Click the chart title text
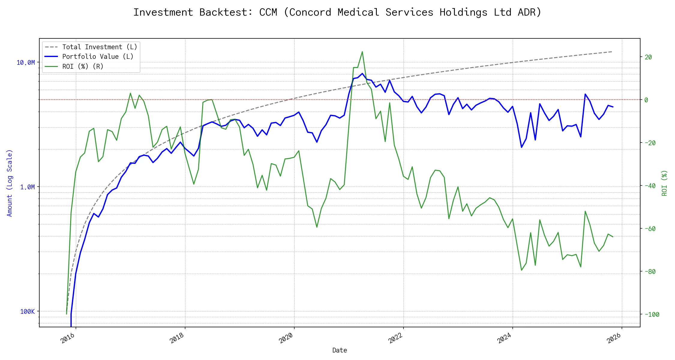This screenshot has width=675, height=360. [337, 12]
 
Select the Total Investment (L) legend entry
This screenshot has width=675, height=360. [100, 47]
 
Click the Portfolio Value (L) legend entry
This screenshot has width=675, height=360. [98, 57]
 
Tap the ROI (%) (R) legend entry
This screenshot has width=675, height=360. [83, 67]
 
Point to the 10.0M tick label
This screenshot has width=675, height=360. [26, 63]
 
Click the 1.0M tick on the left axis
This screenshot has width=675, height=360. [27, 187]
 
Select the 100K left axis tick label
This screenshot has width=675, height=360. [27, 312]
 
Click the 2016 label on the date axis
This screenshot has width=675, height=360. [68, 338]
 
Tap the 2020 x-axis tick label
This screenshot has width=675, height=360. [286, 338]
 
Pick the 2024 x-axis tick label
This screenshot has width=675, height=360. [504, 338]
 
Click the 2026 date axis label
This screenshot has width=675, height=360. [614, 338]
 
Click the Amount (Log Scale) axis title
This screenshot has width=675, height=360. [10, 183]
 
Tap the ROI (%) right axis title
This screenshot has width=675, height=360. [664, 183]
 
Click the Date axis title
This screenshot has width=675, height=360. [340, 350]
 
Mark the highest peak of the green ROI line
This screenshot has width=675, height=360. [362, 52]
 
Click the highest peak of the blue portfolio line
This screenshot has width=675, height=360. [362, 73]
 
